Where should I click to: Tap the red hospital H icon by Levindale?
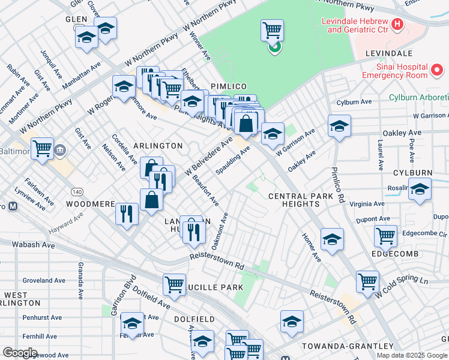tap(396, 25)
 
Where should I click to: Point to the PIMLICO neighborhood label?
tap(226, 86)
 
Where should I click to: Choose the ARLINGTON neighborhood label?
tap(158, 146)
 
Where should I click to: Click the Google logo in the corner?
tap(20, 353)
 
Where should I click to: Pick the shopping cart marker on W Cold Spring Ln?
tap(367, 281)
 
